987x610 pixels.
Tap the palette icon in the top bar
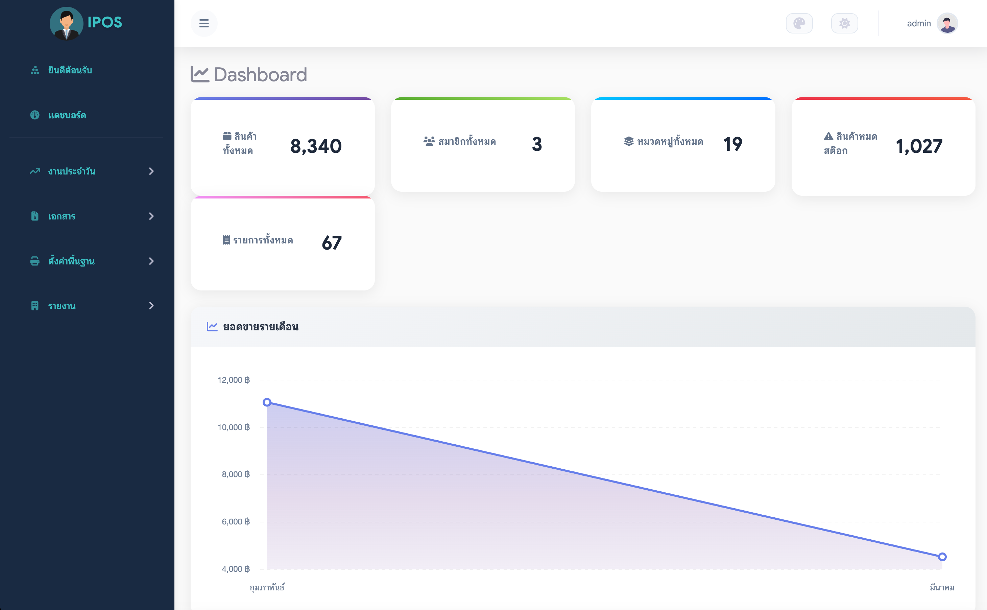pos(799,23)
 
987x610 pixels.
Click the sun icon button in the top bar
pos(844,23)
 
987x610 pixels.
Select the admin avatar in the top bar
pos(947,23)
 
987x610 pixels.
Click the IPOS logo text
pos(104,23)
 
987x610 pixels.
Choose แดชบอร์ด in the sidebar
pos(67,115)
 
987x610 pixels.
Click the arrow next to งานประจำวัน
pos(151,171)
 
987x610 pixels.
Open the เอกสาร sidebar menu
pos(62,217)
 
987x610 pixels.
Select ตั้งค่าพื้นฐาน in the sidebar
pos(71,261)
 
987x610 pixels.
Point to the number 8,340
pos(316,146)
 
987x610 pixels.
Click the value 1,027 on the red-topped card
pos(919,146)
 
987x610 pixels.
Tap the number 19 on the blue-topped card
pos(732,144)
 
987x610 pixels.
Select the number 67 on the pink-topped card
pos(331,243)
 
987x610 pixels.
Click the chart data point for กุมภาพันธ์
pos(267,402)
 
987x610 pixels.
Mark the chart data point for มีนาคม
pos(942,557)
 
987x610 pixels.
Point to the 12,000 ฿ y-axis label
pos(234,380)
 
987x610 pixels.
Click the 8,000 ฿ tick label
pos(236,474)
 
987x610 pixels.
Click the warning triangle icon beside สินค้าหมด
pos(828,136)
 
